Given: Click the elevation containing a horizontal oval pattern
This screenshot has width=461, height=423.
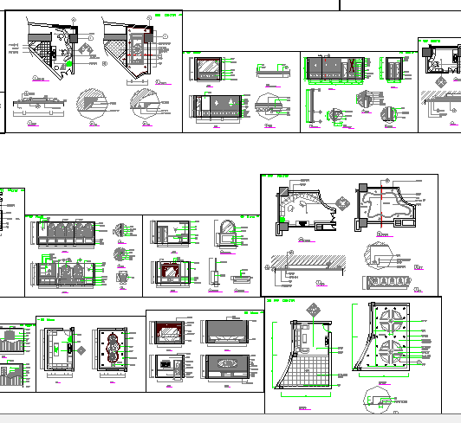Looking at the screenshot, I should pyautogui.click(x=229, y=364).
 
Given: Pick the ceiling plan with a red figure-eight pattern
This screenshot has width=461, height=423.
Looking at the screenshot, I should pyautogui.click(x=112, y=350).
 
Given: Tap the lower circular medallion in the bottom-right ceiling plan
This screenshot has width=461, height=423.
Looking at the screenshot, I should pyautogui.click(x=386, y=356).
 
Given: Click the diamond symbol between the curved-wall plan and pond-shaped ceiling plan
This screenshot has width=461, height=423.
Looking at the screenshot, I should pyautogui.click(x=344, y=204).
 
